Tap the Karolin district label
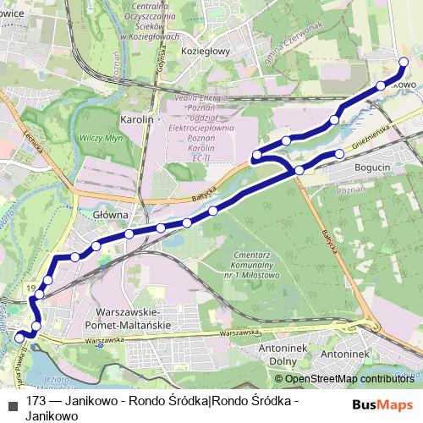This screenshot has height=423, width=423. click(x=137, y=120)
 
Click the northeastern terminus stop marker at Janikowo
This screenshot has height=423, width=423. click(x=403, y=73)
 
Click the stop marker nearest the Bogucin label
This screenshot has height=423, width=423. click(x=340, y=154)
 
